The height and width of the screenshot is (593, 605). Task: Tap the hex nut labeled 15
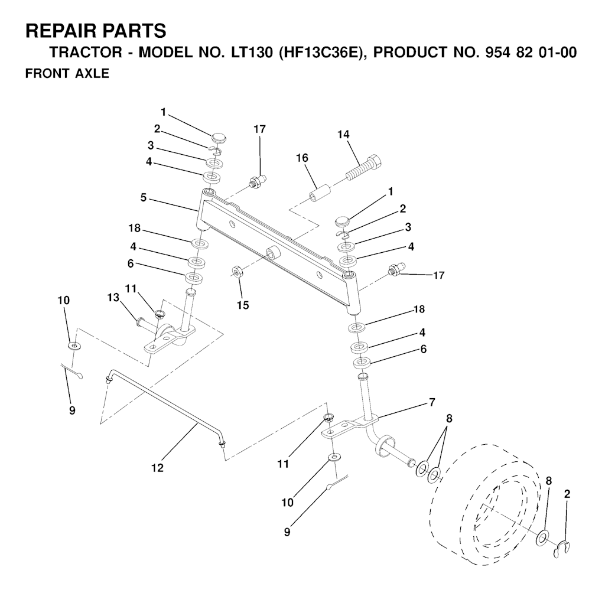[x=237, y=272]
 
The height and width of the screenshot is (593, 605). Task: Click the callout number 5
[x=144, y=198]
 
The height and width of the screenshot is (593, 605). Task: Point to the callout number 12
[x=157, y=468]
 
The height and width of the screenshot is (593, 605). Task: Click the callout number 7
[x=432, y=402]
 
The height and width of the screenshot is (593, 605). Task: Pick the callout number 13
[x=113, y=297]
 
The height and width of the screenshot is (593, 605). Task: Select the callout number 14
[x=343, y=135]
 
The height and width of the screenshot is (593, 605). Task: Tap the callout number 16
[x=302, y=158]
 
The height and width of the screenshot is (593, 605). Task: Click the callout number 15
[x=243, y=305]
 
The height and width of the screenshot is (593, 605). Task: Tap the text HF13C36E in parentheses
[x=320, y=52]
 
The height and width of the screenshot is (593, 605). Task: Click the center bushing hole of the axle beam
[x=274, y=255]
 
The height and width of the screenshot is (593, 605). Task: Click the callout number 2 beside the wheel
[x=567, y=494]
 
